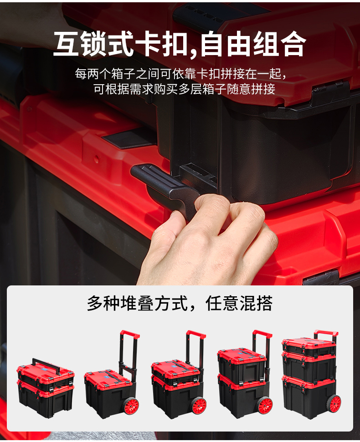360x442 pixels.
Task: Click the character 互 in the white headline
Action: pyautogui.click(x=66, y=44)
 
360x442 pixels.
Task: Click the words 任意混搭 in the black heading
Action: pyautogui.click(x=239, y=304)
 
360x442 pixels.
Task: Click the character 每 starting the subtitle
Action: pyautogui.click(x=81, y=74)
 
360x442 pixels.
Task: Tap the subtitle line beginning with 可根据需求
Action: pyautogui.click(x=184, y=89)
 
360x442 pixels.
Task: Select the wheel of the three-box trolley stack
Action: pyautogui.click(x=333, y=403)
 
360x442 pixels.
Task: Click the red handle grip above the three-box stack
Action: pyautogui.click(x=326, y=333)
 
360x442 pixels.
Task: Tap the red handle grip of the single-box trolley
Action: pyautogui.click(x=130, y=334)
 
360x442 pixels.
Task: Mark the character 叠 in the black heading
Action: pyautogui.click(x=146, y=304)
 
